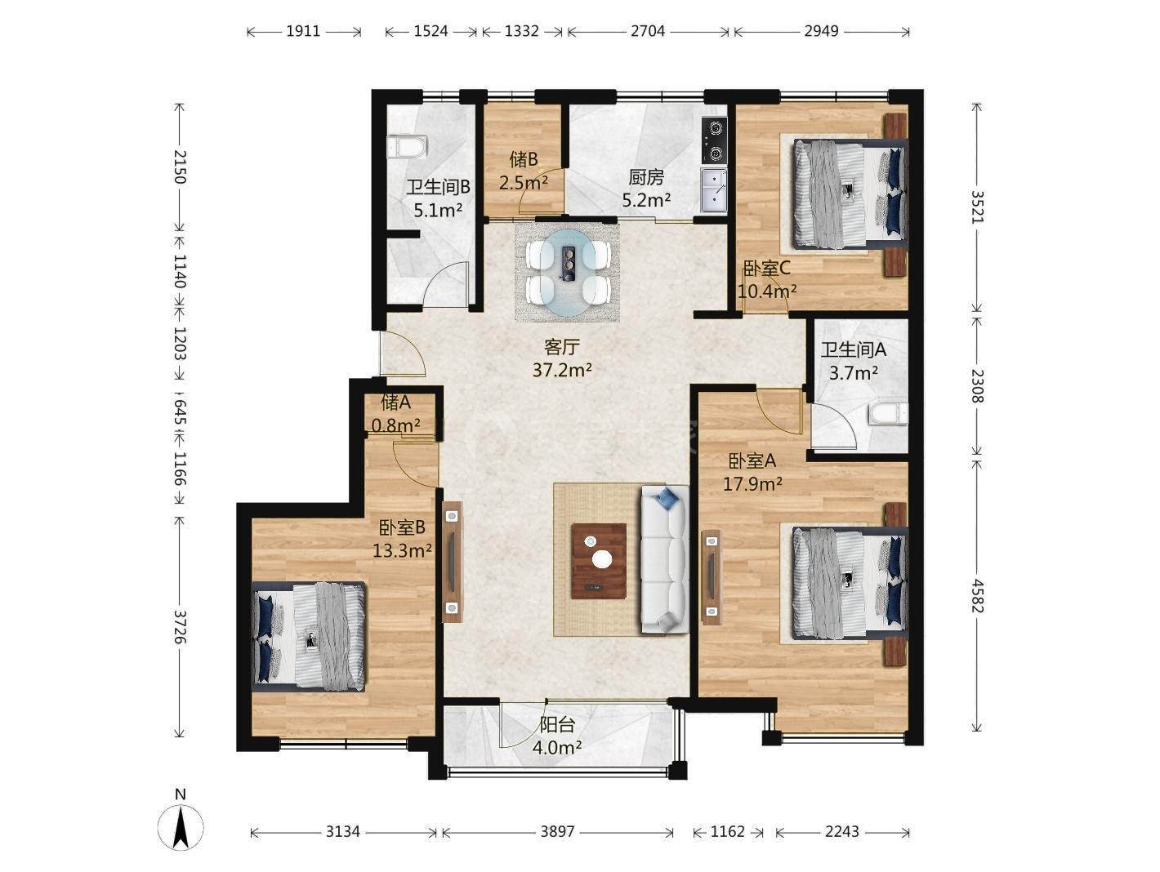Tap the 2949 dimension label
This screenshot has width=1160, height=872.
tap(821, 31)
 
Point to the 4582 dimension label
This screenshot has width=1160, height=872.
tap(977, 596)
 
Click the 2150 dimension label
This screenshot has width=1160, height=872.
tap(181, 167)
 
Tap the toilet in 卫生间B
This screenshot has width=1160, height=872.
tap(406, 147)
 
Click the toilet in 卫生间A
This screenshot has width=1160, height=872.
tap(888, 414)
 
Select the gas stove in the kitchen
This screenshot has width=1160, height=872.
tap(714, 140)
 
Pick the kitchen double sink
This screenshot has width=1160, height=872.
tap(714, 190)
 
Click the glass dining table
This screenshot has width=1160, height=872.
tap(568, 273)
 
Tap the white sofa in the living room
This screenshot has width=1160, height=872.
tap(665, 559)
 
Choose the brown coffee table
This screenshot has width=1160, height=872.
tap(598, 561)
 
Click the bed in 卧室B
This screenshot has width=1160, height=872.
tap(309, 636)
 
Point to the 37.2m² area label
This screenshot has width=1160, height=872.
tap(562, 370)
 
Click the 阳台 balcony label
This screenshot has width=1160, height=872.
tap(557, 725)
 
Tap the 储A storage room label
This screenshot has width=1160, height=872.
tap(396, 403)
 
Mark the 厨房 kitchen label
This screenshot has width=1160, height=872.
tap(646, 177)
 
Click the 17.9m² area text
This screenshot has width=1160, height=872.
tap(752, 484)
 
